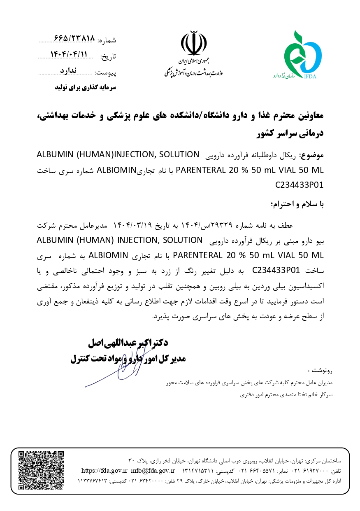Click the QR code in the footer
pyautogui.click(x=41, y=470)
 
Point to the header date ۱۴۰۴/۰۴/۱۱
pyautogui.click(x=69, y=55)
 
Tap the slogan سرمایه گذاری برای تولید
pyautogui.click(x=86, y=87)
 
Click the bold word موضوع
pyautogui.click(x=312, y=155)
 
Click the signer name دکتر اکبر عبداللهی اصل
pyautogui.click(x=128, y=343)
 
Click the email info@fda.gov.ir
pyautogui.click(x=153, y=470)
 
